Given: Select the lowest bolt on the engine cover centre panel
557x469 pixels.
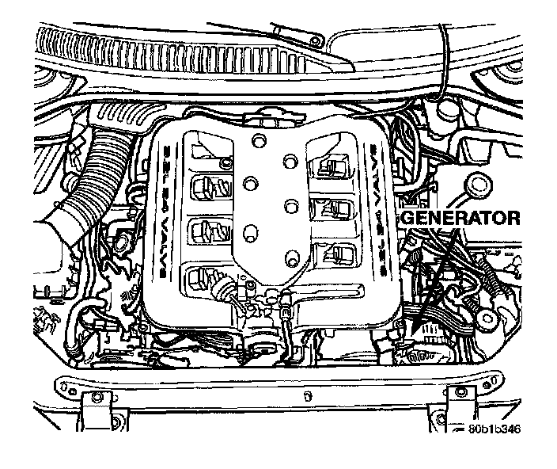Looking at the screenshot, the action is pyautogui.click(x=290, y=259).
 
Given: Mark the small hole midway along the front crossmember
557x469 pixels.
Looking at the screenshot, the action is pyautogui.click(x=305, y=393).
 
